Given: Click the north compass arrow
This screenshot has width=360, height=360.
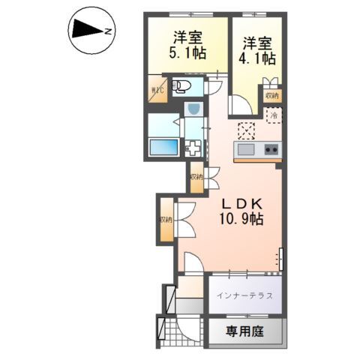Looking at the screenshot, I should point(89,31).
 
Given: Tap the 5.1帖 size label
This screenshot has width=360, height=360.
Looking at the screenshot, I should point(187,52).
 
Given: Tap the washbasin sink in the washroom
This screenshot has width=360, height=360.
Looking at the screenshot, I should point(193,110).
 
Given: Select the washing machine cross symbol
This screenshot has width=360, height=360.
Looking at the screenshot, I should point(193,148).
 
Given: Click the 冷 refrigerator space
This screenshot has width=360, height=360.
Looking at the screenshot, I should point(274,116).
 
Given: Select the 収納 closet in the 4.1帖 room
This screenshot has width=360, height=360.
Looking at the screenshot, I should point(271,95).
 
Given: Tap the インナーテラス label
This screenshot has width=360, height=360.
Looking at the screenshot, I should point(244,295).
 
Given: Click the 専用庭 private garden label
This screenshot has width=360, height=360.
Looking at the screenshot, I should point(245,330).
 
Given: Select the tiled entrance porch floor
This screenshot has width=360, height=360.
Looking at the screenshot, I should point(179,330).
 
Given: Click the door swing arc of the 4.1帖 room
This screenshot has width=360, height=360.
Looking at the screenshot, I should point(241,107).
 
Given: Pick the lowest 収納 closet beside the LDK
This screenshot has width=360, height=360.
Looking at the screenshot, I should point(166,220).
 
